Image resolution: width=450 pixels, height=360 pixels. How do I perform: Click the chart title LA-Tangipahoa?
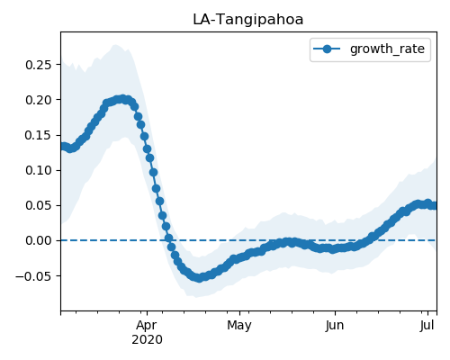point(247,20)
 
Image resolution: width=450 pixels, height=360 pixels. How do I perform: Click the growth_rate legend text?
point(387,49)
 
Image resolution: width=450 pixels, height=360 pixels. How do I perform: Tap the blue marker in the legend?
point(327,49)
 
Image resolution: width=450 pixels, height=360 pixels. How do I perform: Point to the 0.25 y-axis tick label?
point(39,65)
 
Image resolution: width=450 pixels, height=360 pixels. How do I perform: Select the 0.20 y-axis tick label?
point(39,100)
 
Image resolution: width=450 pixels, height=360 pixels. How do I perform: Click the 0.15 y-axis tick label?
point(39,135)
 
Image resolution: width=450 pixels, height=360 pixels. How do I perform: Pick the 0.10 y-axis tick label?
point(39,170)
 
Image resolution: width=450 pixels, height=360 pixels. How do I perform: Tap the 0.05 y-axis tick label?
point(39,205)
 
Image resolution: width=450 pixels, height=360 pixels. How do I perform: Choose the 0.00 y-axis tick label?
point(39,240)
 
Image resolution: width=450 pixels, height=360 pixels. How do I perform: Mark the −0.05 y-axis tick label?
point(33,276)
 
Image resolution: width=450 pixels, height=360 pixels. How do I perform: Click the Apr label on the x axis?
point(147,326)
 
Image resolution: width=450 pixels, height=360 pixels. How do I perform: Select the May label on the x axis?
point(239,326)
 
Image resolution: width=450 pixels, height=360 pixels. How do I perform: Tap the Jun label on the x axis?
point(335,326)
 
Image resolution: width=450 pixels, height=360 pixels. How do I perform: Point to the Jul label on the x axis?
point(427,326)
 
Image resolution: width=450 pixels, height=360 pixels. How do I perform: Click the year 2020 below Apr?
point(147,340)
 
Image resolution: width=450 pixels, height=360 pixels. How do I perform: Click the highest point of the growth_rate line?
point(121,99)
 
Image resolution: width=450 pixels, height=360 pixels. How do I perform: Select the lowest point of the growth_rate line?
point(199,278)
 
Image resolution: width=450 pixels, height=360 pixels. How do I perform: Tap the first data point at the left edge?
point(62,147)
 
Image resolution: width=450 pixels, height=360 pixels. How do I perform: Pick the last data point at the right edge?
point(435,205)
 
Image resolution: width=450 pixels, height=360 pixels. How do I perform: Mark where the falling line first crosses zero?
point(169,240)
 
